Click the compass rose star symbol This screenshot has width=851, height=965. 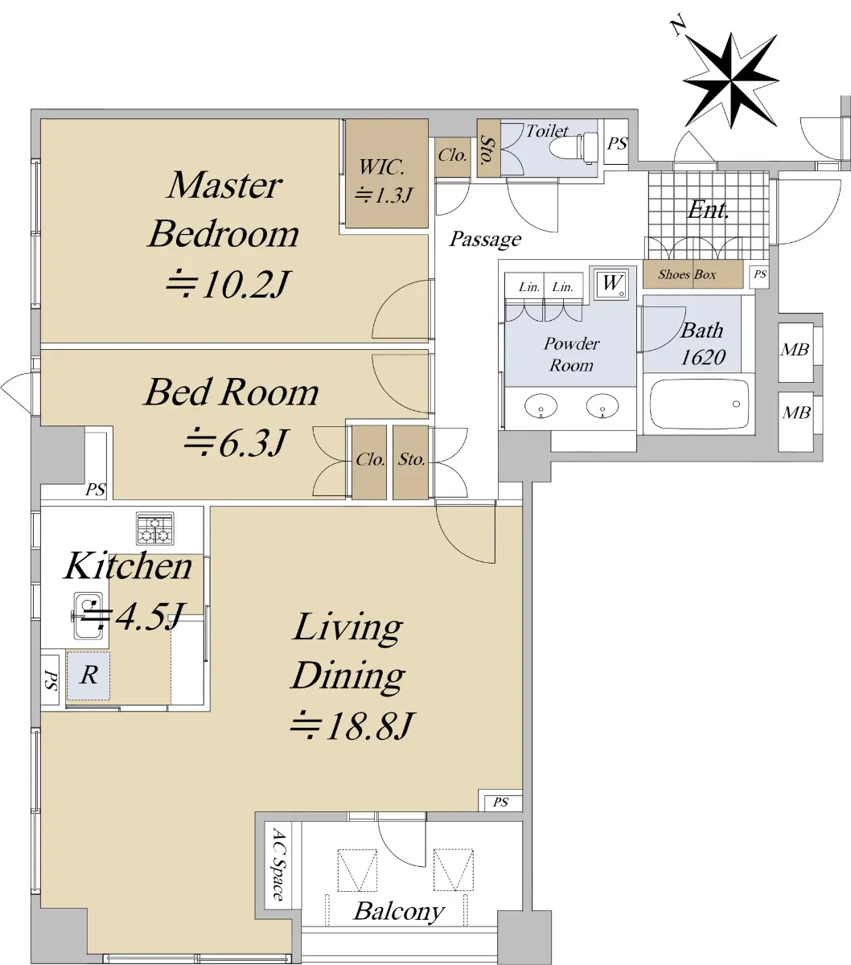730,80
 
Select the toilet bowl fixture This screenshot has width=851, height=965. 573,147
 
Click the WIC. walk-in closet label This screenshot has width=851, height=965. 382,167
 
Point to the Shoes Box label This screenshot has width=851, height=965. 687,274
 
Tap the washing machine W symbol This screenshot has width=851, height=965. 610,285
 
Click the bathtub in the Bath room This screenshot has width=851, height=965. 698,404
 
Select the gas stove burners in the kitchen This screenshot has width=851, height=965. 155,528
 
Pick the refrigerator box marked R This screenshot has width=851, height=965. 88,675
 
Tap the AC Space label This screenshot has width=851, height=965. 279,864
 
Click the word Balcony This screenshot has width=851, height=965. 399,912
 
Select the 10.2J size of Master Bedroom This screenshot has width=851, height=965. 228,285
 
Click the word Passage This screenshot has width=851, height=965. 485,239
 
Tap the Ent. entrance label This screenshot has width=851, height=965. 708,210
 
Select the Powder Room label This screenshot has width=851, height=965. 571,355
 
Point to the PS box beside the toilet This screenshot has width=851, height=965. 617,142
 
